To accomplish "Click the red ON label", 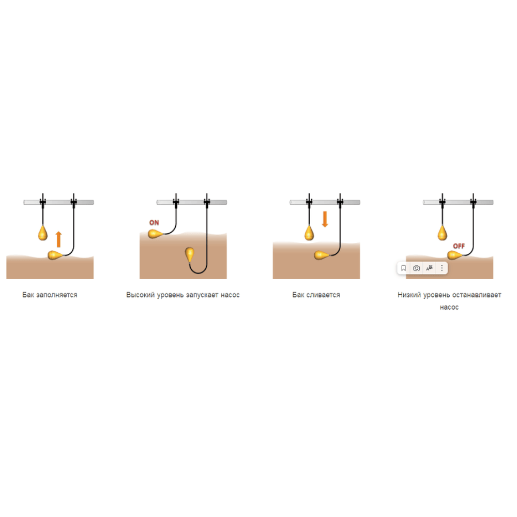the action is (154, 222).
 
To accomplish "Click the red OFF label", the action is (459, 246).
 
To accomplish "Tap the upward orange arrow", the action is (59, 239).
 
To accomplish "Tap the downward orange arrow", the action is (325, 219).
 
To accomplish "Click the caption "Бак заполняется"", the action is (50, 295).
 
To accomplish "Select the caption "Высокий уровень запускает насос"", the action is (183, 295).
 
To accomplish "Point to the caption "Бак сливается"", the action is (316, 295).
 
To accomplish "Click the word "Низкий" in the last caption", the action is (409, 295).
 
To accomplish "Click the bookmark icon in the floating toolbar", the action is (403, 268).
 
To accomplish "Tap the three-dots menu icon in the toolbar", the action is (442, 268).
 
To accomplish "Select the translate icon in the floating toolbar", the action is (429, 268).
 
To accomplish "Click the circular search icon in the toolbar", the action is (416, 268).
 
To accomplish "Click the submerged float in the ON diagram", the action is (190, 254).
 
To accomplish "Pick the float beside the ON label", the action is (156, 234).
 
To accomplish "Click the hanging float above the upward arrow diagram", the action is (43, 233).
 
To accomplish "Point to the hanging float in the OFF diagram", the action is (442, 233).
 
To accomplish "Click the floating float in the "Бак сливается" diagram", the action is (322, 255).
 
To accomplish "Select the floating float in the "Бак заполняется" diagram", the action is (55, 255).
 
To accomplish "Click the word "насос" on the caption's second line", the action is (449, 307).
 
